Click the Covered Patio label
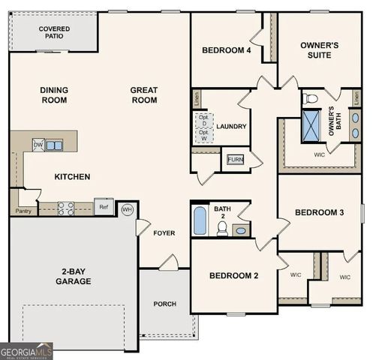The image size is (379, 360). coord(54,33)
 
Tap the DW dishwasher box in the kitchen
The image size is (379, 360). coord(38,145)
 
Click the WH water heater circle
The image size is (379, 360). coord(127,209)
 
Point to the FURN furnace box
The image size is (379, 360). coord(235,160)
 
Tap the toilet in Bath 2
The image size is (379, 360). coord(222,228)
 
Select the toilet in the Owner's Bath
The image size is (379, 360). coord(311,98)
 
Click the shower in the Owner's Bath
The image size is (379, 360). coord(311,127)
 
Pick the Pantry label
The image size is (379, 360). coord(23,211)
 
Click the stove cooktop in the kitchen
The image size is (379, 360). coord(66,208)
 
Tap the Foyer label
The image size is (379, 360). coord(164,233)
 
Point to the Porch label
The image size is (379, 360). coord(165,304)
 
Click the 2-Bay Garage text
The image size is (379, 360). coord(73,276)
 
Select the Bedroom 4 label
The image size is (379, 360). coord(226,50)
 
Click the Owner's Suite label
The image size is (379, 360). coord(319,50)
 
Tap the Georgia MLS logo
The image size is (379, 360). coord(26,350)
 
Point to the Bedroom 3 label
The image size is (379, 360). coord(319,212)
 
